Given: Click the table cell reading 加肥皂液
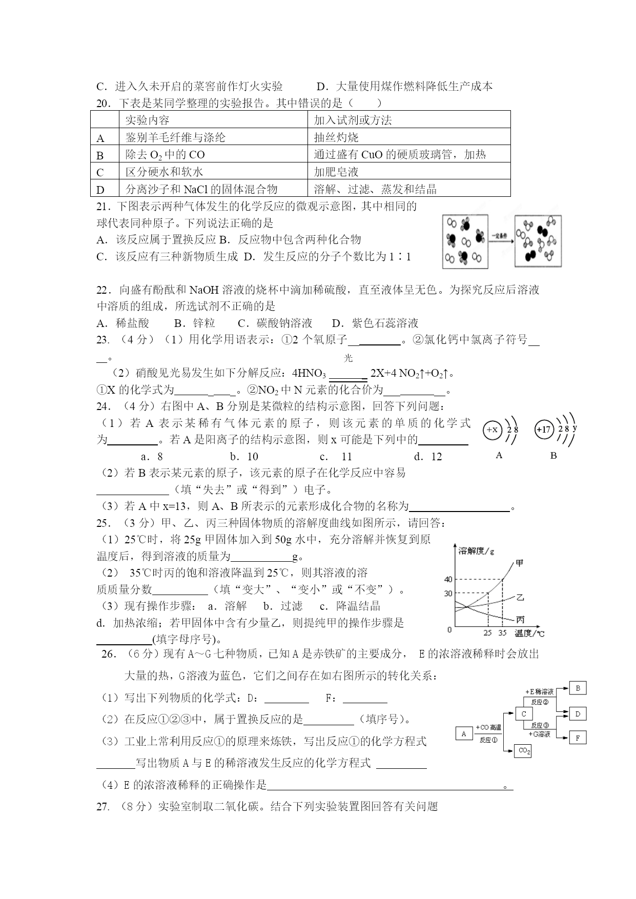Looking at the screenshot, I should [x=336, y=172].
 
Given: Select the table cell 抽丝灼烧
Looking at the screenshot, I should [x=336, y=137].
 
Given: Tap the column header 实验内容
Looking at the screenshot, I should [x=147, y=120].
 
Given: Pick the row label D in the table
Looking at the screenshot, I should [x=100, y=190].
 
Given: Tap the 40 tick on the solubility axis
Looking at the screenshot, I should [x=448, y=580].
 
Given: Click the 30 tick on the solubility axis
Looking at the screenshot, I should [x=448, y=594].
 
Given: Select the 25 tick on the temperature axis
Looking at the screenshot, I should [x=487, y=633].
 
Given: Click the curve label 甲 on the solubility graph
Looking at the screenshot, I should [x=520, y=563].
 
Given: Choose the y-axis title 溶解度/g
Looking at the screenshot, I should [x=477, y=551].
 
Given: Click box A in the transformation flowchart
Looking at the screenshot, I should [x=464, y=733].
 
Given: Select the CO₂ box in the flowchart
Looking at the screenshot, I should [x=524, y=751].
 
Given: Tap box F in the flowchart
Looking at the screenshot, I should [x=578, y=738].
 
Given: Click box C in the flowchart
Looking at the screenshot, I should [x=524, y=713].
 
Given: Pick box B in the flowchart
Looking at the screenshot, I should [x=578, y=688].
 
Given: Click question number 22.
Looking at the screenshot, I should [x=103, y=290].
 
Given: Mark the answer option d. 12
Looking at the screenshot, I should [x=428, y=457].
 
